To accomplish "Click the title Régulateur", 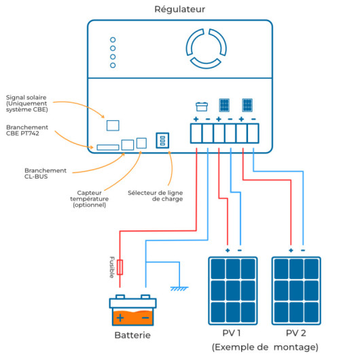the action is coord(179,10).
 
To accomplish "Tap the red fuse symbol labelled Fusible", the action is coord(120,267).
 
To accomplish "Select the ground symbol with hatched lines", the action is coord(179,289).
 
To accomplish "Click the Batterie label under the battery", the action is coord(132,335).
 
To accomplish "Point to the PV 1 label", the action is coord(232,333).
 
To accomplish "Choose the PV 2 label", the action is coord(296,333).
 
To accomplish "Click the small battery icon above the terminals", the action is coord(202,107).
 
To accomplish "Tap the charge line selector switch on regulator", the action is coord(162,141).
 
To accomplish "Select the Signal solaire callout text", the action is coord(26,103).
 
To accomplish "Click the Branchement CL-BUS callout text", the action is coord(46,173).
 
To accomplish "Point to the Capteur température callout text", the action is coord(89,199).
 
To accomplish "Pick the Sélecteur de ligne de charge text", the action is coord(156,196).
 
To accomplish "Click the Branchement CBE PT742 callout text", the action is coord(27,130).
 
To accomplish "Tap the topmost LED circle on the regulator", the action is coord(113,39).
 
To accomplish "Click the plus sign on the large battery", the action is coord(120,318).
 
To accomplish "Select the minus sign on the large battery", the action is coord(145,318).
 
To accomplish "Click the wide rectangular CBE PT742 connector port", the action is coord(108,147).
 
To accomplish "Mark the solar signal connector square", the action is coord(113,126).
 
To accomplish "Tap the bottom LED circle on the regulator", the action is coord(113,65).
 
